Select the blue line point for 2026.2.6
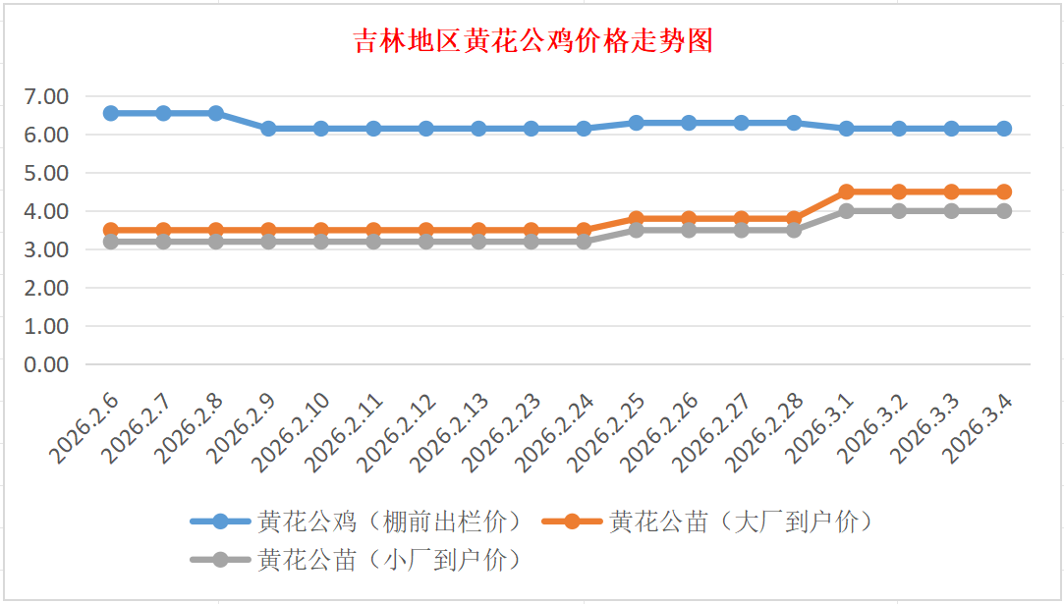click(x=111, y=113)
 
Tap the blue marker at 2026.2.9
click(x=268, y=129)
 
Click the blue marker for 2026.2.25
click(x=636, y=123)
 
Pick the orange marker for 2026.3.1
click(x=846, y=192)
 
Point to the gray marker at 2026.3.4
click(x=1003, y=211)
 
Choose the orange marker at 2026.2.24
click(x=584, y=231)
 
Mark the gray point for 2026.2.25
click(x=636, y=230)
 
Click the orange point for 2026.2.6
click(x=111, y=231)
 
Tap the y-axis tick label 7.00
click(x=47, y=96)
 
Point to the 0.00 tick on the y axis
click(x=47, y=364)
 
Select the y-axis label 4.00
click(x=47, y=211)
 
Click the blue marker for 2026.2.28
click(x=794, y=123)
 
